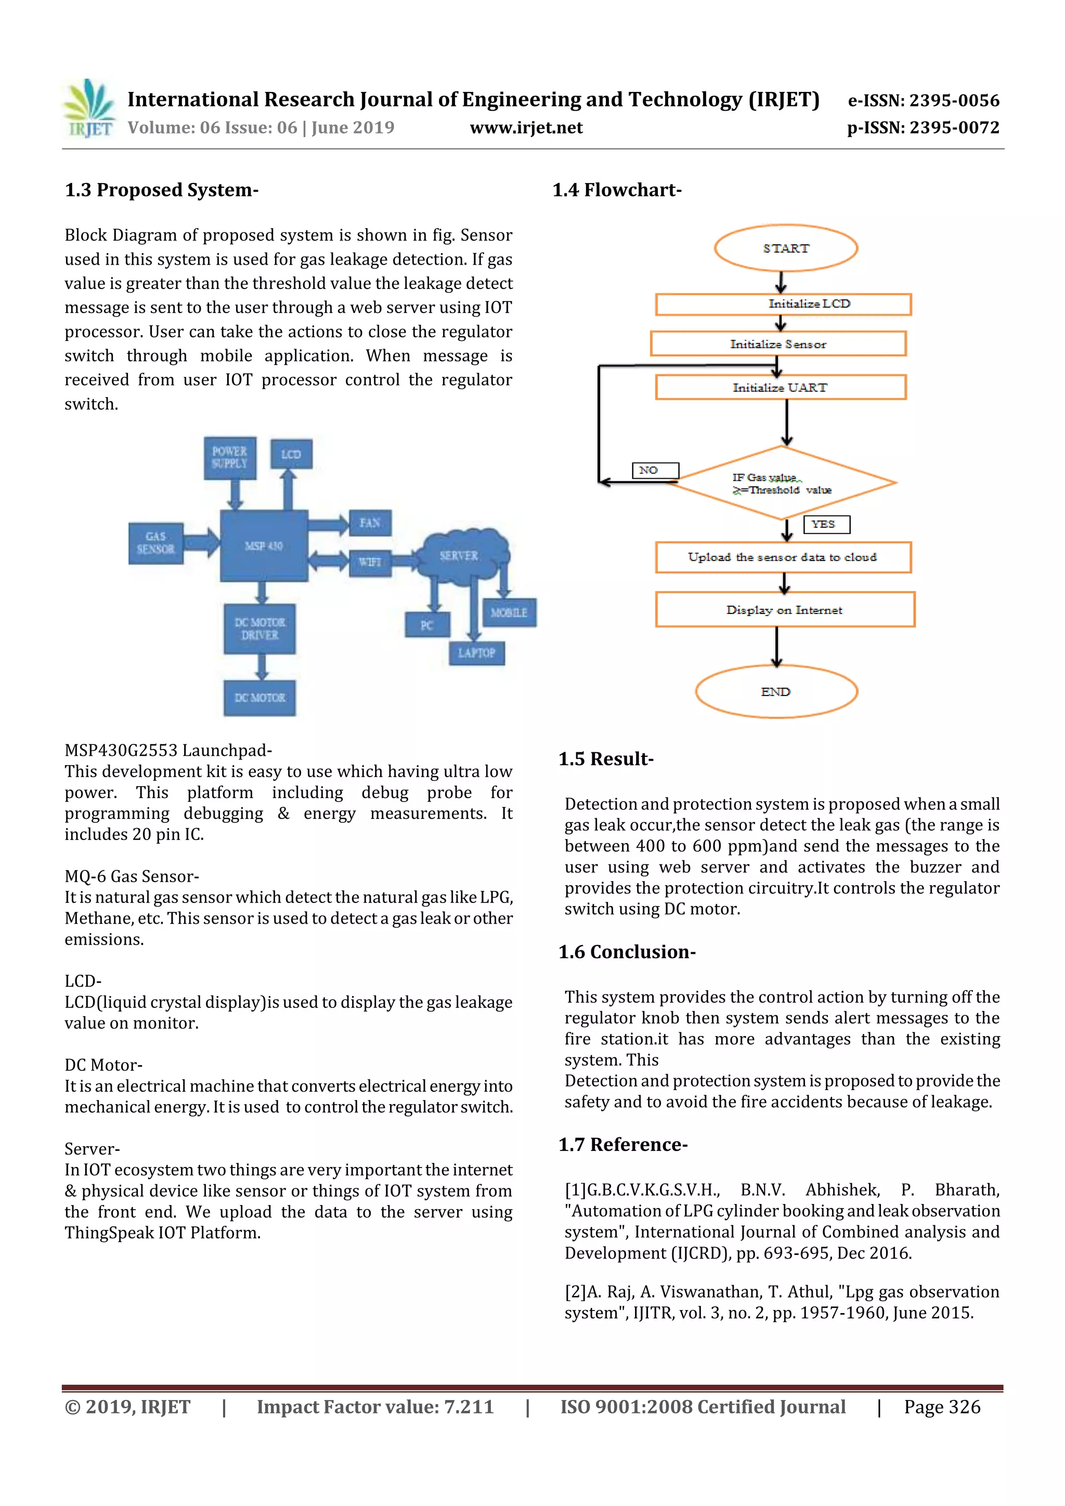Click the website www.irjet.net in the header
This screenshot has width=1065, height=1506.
526,128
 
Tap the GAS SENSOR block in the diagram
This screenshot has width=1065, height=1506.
155,543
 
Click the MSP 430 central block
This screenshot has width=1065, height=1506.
264,546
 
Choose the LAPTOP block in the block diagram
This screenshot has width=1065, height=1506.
476,652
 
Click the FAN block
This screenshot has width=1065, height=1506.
370,523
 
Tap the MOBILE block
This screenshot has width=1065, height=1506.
509,612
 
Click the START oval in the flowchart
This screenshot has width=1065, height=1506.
785,248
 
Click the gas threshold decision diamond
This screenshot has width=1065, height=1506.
782,483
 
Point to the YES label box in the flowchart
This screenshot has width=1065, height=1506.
826,524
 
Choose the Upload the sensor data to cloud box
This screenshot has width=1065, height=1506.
783,557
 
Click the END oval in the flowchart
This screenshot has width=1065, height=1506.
776,692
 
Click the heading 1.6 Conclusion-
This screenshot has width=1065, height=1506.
627,952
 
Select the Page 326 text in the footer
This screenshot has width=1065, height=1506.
942,1407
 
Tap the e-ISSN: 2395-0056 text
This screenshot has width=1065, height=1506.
923,100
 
